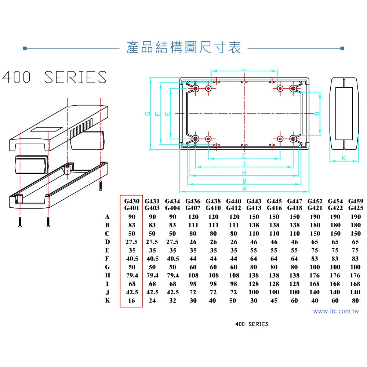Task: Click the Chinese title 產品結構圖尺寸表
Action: point(183,48)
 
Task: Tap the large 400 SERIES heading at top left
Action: point(55,77)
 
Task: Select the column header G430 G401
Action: point(132,205)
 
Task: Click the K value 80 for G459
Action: point(355,301)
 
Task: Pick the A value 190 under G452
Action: point(315,217)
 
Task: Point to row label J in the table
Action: point(108,292)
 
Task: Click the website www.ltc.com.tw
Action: point(336,311)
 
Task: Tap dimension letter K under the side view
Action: point(344,158)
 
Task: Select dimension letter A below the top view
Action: point(244,189)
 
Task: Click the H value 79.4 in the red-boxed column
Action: point(132,275)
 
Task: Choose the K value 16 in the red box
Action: point(132,301)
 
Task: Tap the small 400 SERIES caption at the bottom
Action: point(252,324)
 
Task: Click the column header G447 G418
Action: point(294,205)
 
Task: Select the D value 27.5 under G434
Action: point(172,242)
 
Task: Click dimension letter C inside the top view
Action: point(244,156)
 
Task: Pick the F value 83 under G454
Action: point(335,259)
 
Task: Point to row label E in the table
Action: point(108,250)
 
